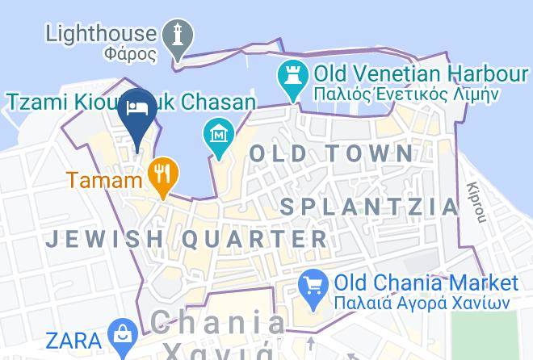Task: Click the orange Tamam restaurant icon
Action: coord(164,174)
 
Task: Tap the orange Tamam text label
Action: coord(104,179)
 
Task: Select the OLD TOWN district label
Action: coord(331,153)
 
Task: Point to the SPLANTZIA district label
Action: coord(369,206)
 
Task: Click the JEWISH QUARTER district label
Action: coord(187,239)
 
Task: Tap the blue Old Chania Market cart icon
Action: coord(312,285)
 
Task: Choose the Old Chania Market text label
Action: coord(426,283)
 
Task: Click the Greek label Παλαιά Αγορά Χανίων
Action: coord(422,303)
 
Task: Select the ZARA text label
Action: coord(74,338)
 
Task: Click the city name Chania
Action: coord(218,324)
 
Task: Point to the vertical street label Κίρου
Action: coord(479,201)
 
